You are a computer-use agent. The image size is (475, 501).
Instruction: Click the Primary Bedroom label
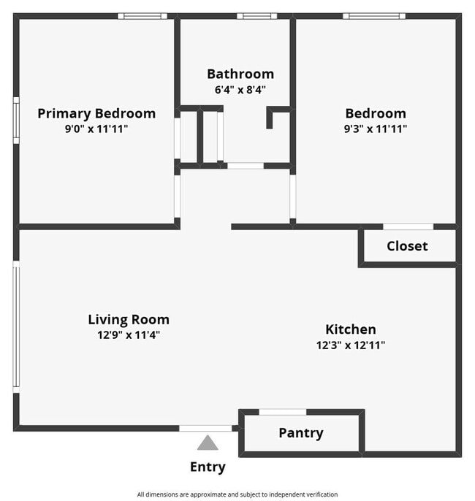tap(96, 114)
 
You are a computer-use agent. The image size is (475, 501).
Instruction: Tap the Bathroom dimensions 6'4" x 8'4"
tap(240, 90)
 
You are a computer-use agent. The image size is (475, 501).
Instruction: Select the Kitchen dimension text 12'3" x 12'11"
tap(351, 345)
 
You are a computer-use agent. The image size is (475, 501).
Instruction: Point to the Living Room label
tap(129, 320)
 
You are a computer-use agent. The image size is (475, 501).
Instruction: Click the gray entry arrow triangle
tap(208, 443)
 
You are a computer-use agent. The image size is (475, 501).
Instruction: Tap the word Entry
tap(208, 467)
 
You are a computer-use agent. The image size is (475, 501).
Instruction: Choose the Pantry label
tap(301, 433)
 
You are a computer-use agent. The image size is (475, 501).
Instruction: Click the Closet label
tap(407, 246)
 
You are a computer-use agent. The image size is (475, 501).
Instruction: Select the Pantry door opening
tap(283, 412)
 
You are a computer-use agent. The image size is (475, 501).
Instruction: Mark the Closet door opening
tap(408, 226)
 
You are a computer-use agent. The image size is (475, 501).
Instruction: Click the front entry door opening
tap(205, 428)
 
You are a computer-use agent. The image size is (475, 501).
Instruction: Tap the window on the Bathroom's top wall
tap(257, 16)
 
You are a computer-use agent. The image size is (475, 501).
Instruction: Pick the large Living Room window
tap(16, 326)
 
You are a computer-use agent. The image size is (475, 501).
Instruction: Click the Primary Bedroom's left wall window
tap(16, 121)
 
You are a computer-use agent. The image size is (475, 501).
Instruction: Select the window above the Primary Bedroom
tap(142, 16)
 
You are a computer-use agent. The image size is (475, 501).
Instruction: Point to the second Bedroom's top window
tap(374, 16)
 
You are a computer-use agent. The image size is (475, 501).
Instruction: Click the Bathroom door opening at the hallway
tap(246, 166)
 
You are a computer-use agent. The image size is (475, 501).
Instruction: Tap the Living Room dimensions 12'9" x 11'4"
tap(129, 334)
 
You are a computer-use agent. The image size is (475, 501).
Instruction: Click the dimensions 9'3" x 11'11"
tap(376, 129)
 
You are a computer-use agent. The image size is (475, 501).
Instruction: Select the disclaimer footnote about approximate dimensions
tap(237, 494)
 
